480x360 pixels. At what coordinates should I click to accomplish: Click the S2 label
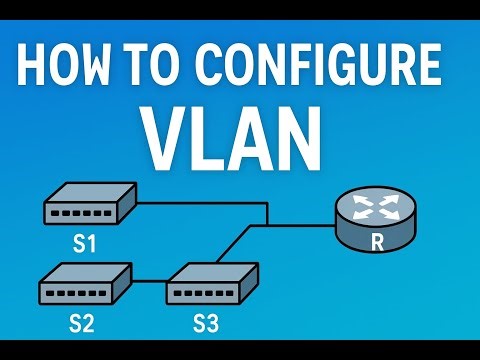(81, 322)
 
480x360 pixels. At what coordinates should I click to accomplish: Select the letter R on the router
(377, 241)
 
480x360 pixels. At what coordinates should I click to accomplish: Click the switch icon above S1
(89, 204)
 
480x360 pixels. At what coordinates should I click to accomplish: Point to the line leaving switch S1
(200, 203)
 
